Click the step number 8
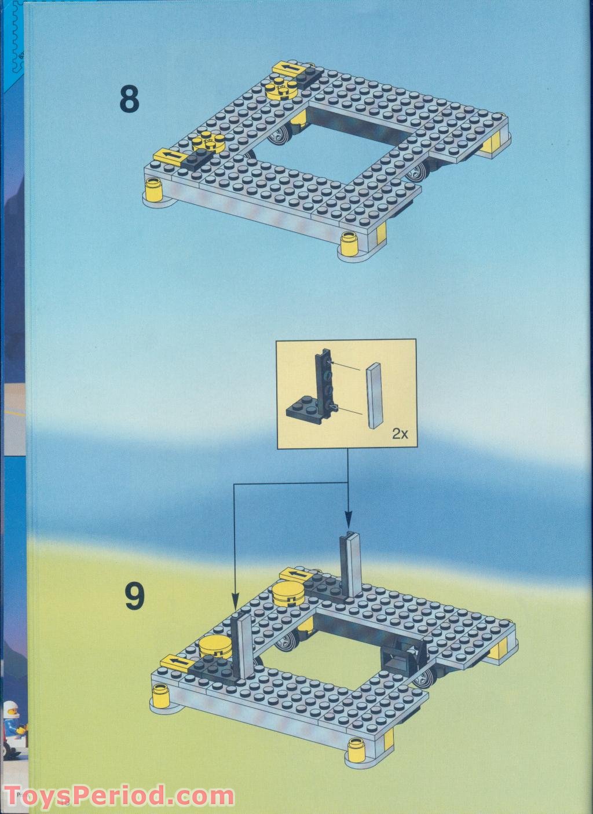[130, 99]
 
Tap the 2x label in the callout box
[400, 435]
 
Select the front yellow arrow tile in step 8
[166, 155]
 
